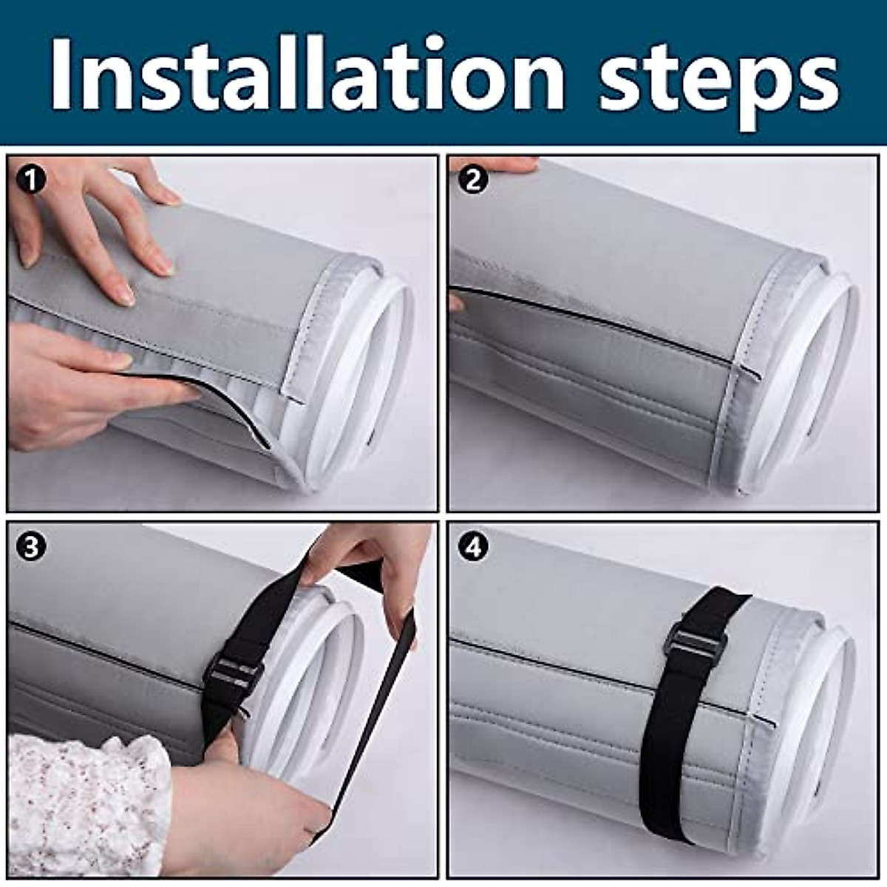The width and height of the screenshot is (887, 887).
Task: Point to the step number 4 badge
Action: pos(473,547)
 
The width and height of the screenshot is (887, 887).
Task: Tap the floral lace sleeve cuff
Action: pos(81,806)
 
